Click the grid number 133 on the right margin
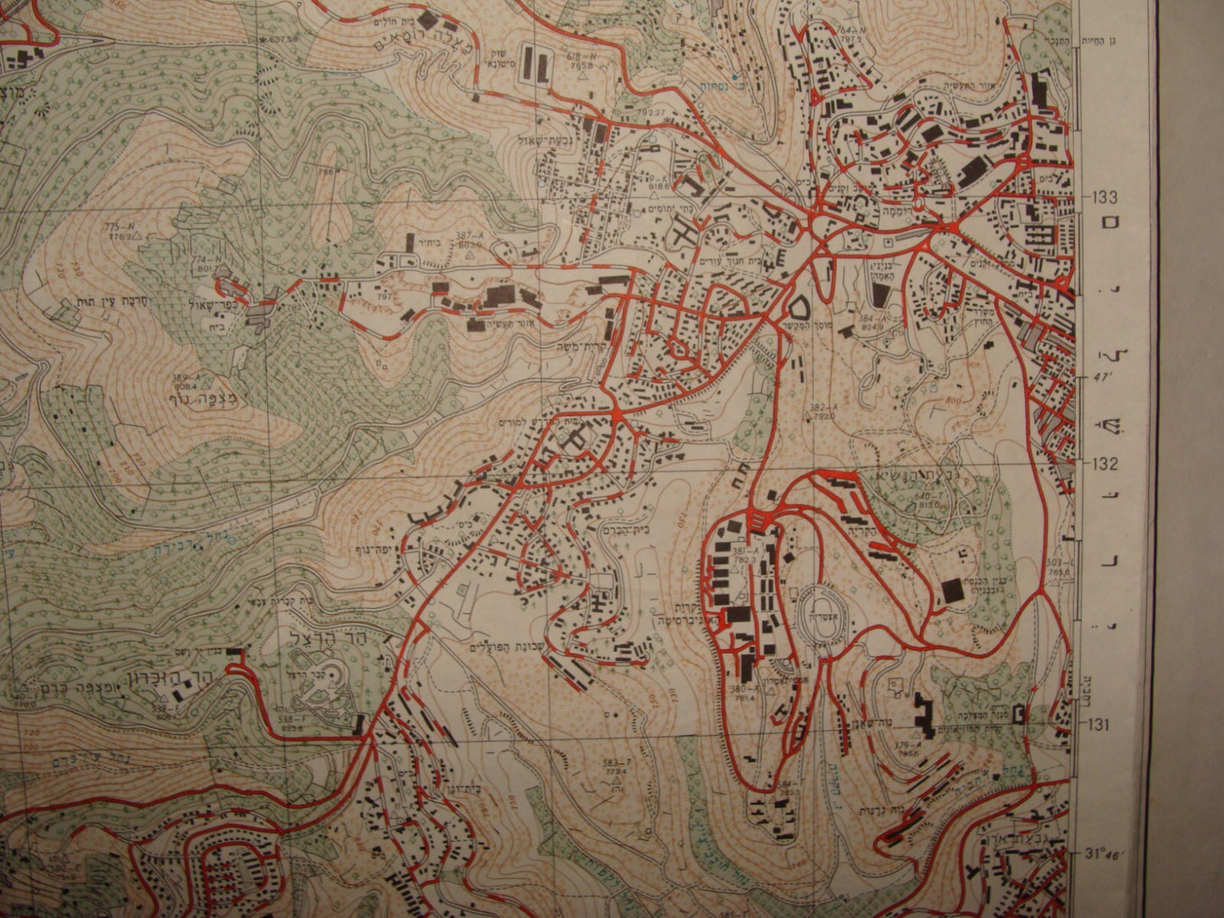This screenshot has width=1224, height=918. tap(1104, 197)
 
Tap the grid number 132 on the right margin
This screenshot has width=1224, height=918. tap(1104, 464)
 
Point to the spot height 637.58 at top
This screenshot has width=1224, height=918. tap(280, 39)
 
